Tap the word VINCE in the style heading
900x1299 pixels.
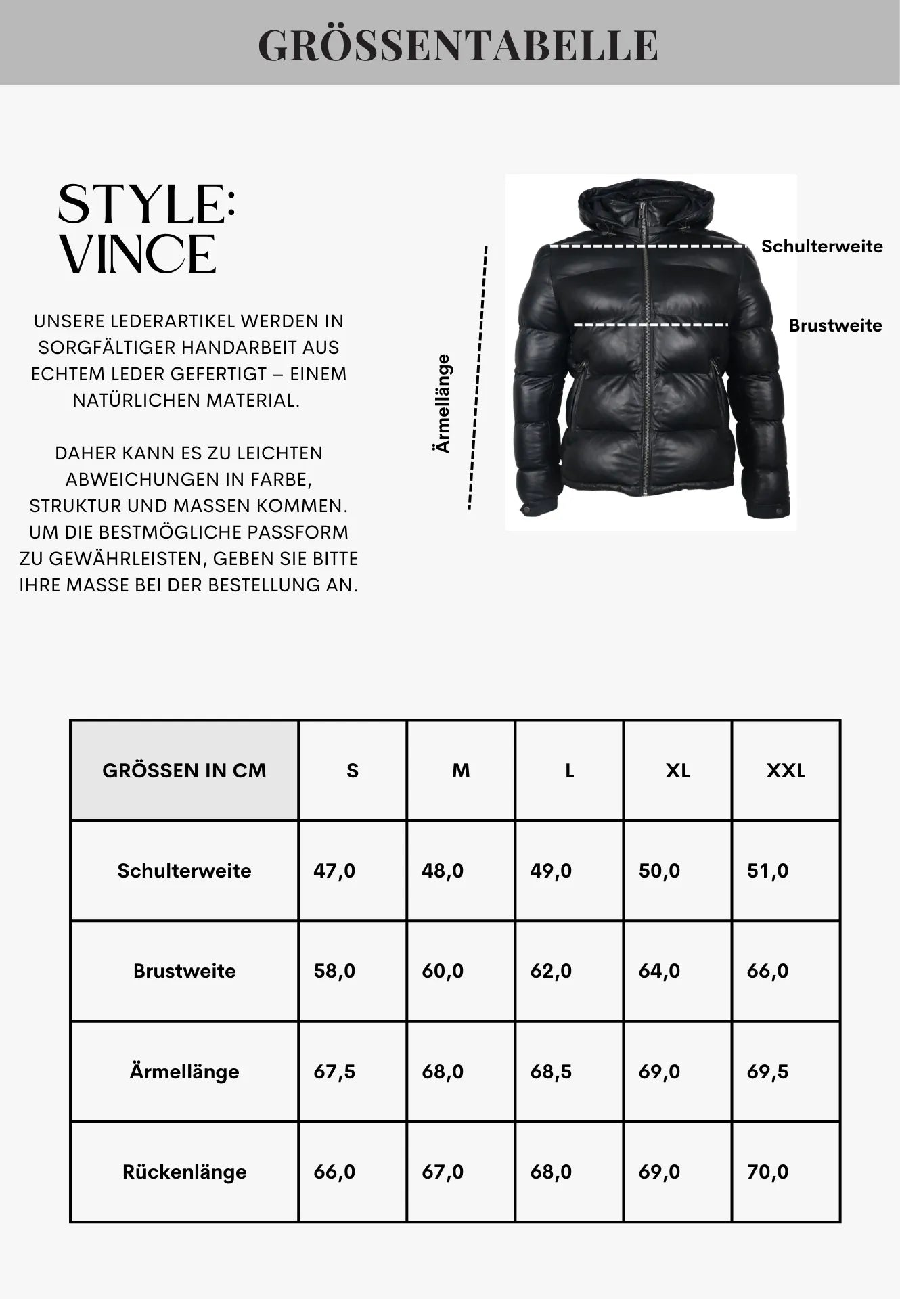(138, 255)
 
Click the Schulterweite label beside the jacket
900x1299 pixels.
(822, 246)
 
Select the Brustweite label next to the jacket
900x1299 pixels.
(835, 325)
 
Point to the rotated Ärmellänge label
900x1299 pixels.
(443, 403)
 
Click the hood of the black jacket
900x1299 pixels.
(645, 200)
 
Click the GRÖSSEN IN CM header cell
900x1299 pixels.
(184, 771)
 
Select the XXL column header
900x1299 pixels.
(786, 771)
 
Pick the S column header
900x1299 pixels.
(353, 771)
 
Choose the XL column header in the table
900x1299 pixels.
(677, 771)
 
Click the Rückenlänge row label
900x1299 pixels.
(184, 1172)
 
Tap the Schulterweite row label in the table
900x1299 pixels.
(184, 871)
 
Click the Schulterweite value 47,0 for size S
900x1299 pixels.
(334, 871)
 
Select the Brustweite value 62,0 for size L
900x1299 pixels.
(551, 971)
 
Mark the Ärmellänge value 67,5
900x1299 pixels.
(334, 1072)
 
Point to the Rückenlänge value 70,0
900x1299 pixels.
(767, 1172)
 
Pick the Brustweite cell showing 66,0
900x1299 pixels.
(767, 971)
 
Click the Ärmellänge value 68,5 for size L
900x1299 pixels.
(551, 1072)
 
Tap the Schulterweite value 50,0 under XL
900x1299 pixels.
(659, 871)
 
